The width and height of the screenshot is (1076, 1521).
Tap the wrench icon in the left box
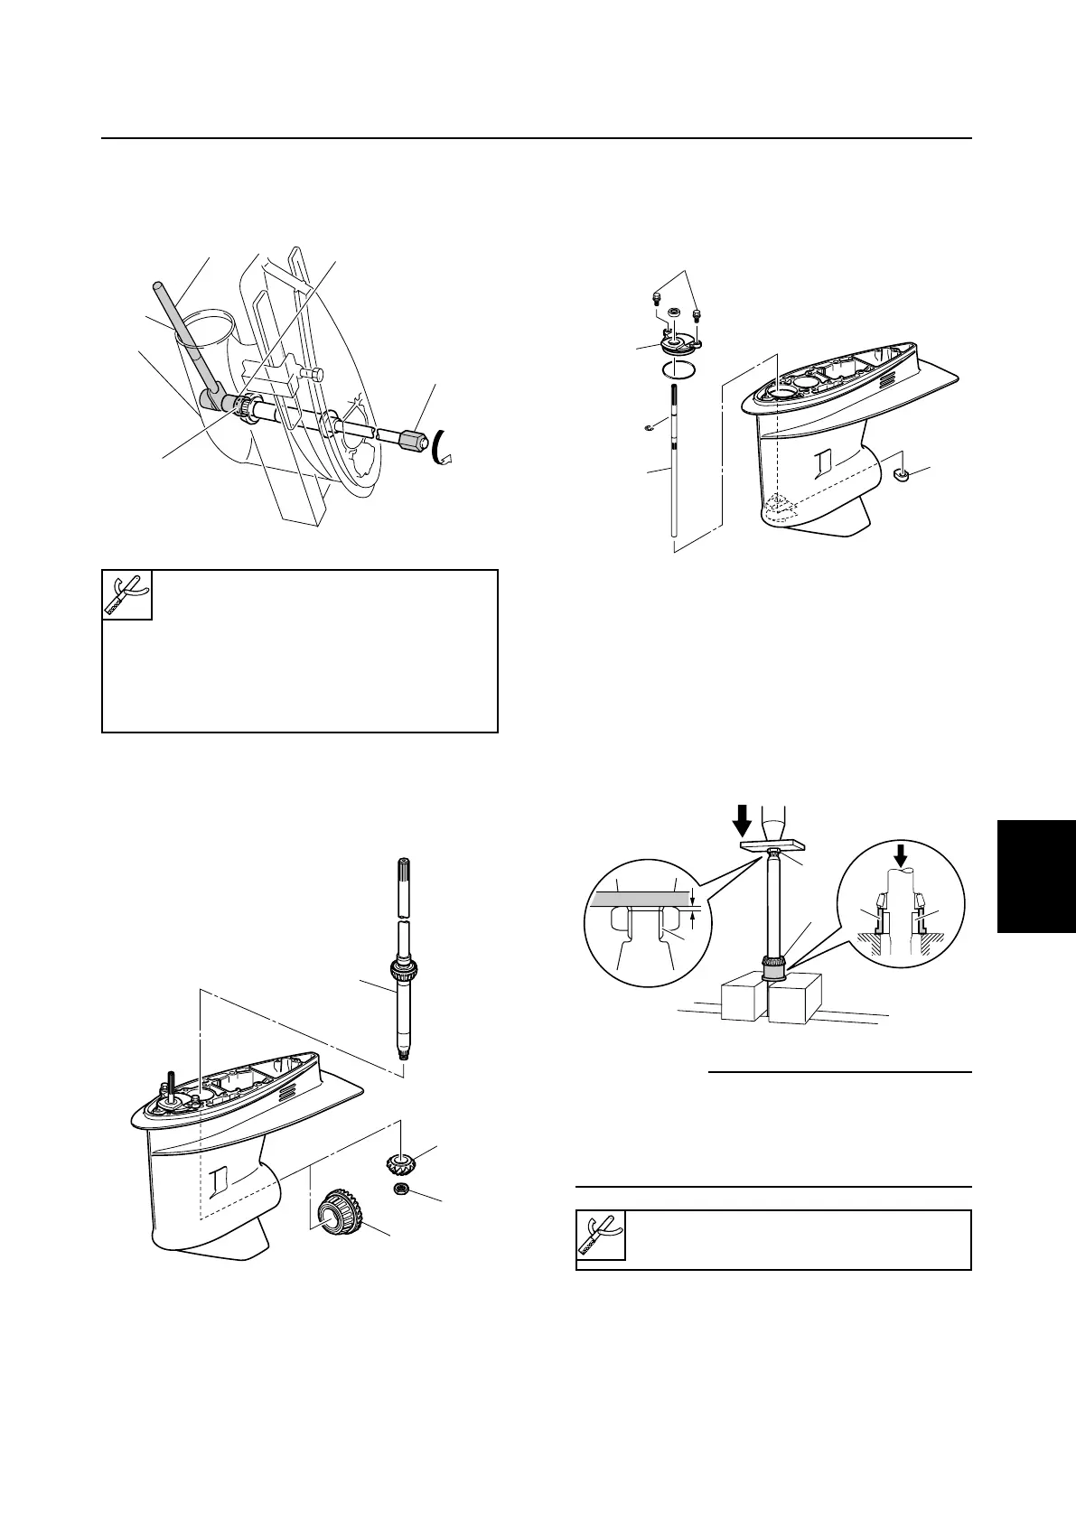coord(126,594)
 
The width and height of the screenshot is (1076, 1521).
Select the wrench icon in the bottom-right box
coord(601,1237)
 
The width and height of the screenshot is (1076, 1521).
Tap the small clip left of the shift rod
coord(659,426)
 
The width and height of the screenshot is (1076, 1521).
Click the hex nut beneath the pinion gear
coord(399,1190)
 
